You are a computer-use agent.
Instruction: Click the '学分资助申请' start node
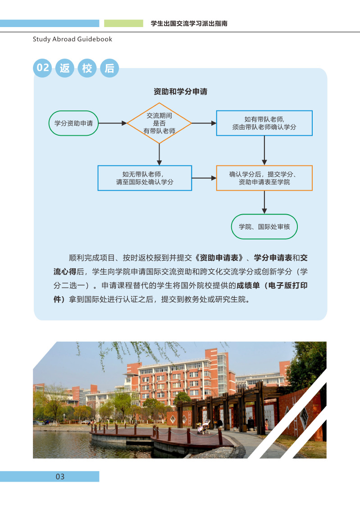73,123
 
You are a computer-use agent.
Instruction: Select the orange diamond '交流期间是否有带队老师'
159,123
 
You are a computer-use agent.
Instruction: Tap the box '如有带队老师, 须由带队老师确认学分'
264,123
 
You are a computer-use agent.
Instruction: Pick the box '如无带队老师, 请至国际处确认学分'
145,178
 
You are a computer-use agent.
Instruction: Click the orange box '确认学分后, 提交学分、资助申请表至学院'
264,178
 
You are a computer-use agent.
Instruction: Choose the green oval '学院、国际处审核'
264,227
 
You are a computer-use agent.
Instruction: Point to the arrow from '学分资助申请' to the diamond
113,123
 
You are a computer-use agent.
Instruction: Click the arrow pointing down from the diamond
159,155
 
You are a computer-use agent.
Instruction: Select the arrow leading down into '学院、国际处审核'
264,202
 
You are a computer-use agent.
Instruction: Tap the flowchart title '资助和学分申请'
180,92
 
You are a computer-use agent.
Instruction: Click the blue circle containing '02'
42,68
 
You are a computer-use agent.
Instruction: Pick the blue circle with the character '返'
65,68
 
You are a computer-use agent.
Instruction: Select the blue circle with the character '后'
109,68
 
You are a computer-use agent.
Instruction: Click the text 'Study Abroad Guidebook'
73,39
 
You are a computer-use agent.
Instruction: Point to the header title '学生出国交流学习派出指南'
189,23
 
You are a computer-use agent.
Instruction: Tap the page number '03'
60,477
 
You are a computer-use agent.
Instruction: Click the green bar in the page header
123,23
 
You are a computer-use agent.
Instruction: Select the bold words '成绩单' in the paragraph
248,285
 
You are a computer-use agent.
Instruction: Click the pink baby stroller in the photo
204,427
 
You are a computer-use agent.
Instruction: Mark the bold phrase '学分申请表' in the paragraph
273,258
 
